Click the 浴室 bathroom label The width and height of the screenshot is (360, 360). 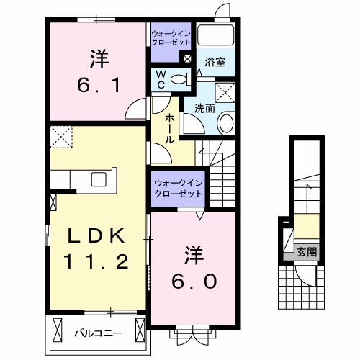point(215,62)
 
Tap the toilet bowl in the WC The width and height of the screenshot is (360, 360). point(179,79)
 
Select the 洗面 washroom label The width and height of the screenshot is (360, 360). point(204,109)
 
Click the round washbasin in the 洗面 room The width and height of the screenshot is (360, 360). point(226,123)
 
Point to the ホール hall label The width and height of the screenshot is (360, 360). point(170,128)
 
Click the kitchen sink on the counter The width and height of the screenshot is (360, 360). point(99,179)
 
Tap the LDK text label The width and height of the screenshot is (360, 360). point(96,236)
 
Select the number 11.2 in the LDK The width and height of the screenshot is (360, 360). point(96,261)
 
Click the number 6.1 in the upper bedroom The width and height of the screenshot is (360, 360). point(99,86)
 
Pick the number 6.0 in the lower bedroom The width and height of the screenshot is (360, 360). point(194,282)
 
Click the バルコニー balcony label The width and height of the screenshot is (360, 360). point(99,333)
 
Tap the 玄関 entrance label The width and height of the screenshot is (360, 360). point(307,252)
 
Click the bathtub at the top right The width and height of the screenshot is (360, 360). point(215,35)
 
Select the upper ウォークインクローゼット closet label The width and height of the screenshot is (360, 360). point(171,38)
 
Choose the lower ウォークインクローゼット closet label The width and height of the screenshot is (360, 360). point(179,188)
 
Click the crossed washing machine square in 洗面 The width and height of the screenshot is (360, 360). point(225,93)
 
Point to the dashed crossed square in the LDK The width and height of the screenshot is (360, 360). point(61,137)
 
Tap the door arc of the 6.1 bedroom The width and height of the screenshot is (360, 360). point(135,109)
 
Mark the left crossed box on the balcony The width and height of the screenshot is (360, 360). point(57,331)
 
